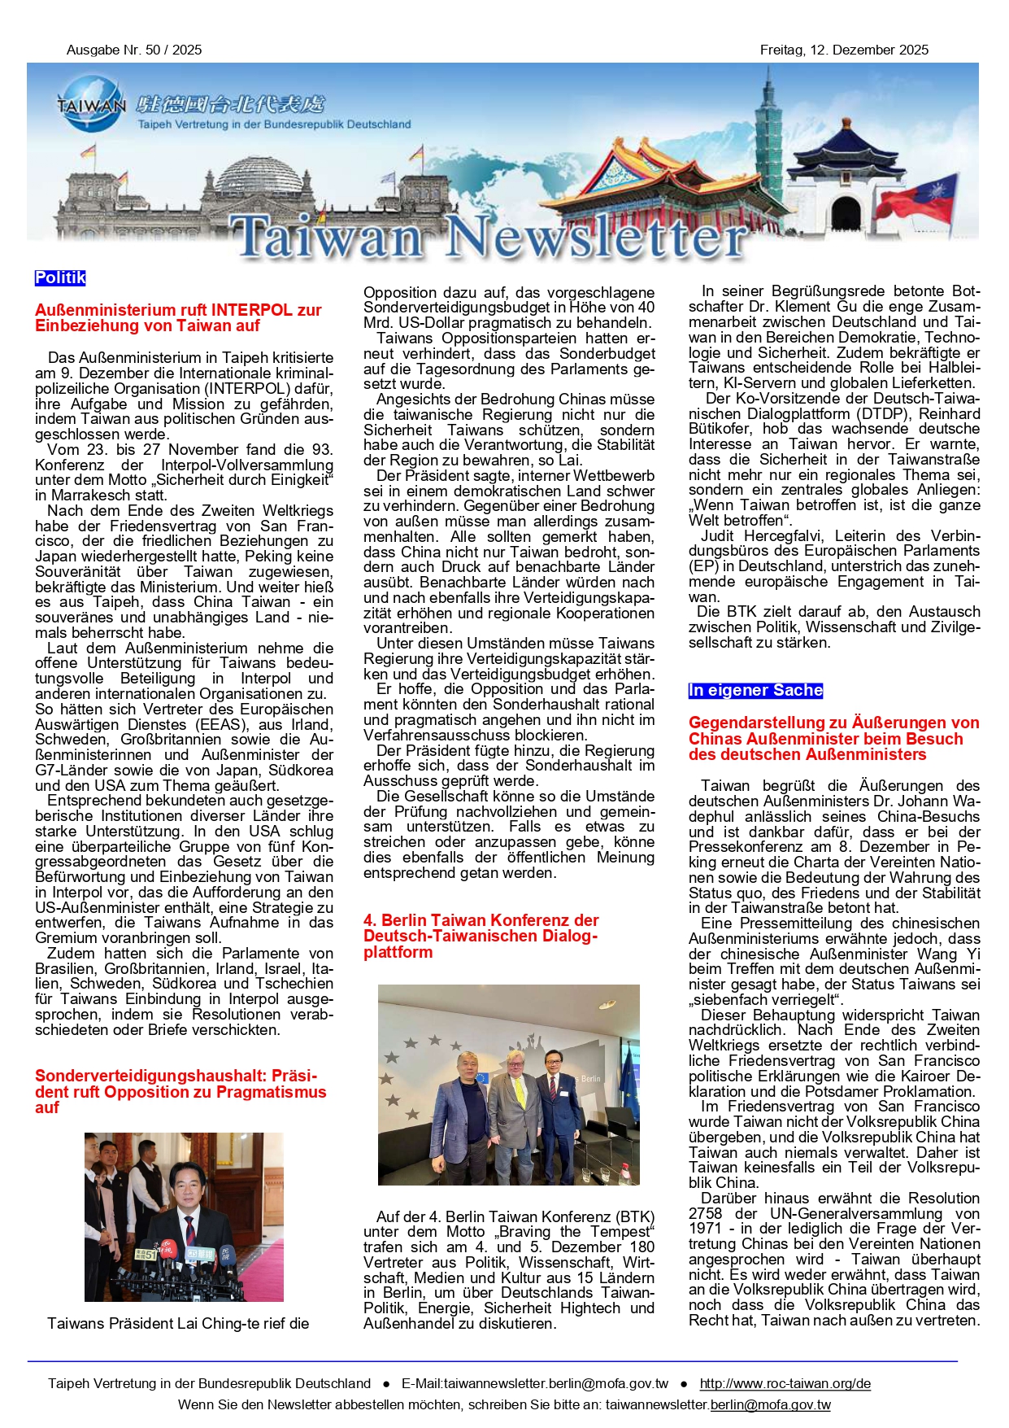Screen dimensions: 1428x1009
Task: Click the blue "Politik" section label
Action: point(60,278)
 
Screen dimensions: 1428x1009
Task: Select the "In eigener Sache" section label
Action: point(755,691)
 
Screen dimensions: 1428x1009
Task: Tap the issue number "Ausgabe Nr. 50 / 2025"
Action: point(134,50)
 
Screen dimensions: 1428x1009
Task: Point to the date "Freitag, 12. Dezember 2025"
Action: point(844,50)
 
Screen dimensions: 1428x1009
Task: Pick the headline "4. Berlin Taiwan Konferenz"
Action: point(481,920)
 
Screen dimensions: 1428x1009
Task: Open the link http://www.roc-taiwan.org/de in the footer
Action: point(785,1383)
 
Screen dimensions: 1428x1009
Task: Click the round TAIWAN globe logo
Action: point(93,104)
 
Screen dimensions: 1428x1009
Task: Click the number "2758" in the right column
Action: point(705,1214)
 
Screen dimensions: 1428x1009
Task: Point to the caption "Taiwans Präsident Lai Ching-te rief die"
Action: point(178,1324)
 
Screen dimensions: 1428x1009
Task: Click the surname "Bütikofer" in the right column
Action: point(720,429)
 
